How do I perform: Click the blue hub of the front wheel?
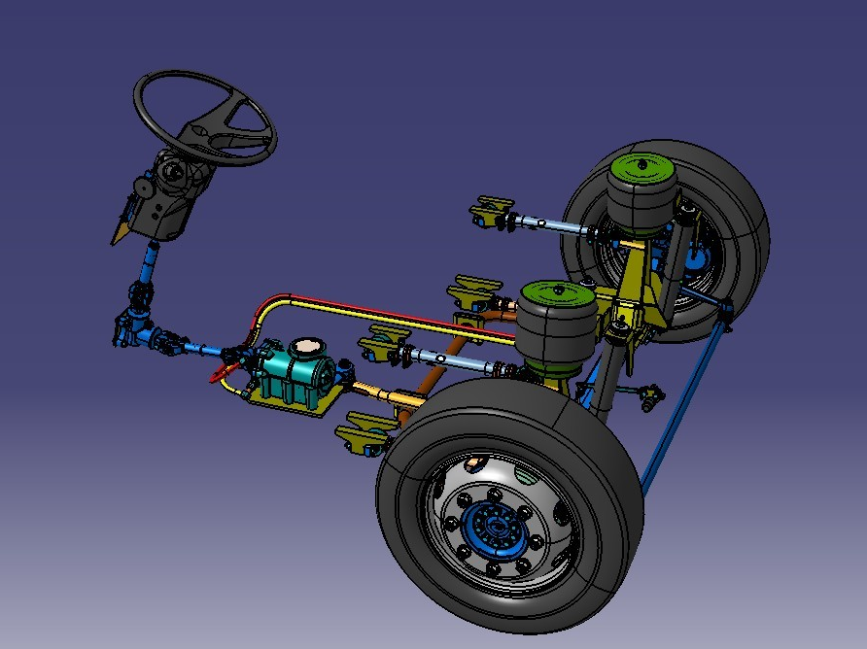click(497, 529)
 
